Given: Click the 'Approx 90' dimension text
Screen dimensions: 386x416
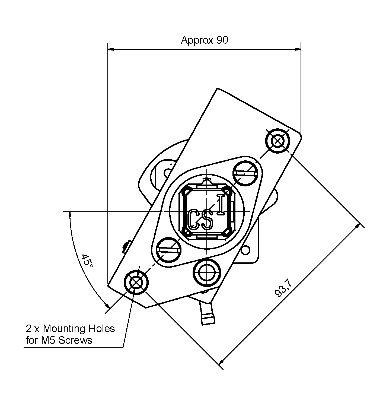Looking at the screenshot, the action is pos(205,40).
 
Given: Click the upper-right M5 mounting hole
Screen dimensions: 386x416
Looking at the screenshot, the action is pos(278,141).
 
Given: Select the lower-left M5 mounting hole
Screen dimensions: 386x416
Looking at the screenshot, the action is pos(136,282).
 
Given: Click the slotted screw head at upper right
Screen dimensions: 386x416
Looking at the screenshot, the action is pos(245,174).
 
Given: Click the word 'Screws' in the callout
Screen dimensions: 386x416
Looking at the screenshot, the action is pos(75,340).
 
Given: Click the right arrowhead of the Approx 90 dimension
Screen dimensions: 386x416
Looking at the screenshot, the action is pos(298,49).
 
